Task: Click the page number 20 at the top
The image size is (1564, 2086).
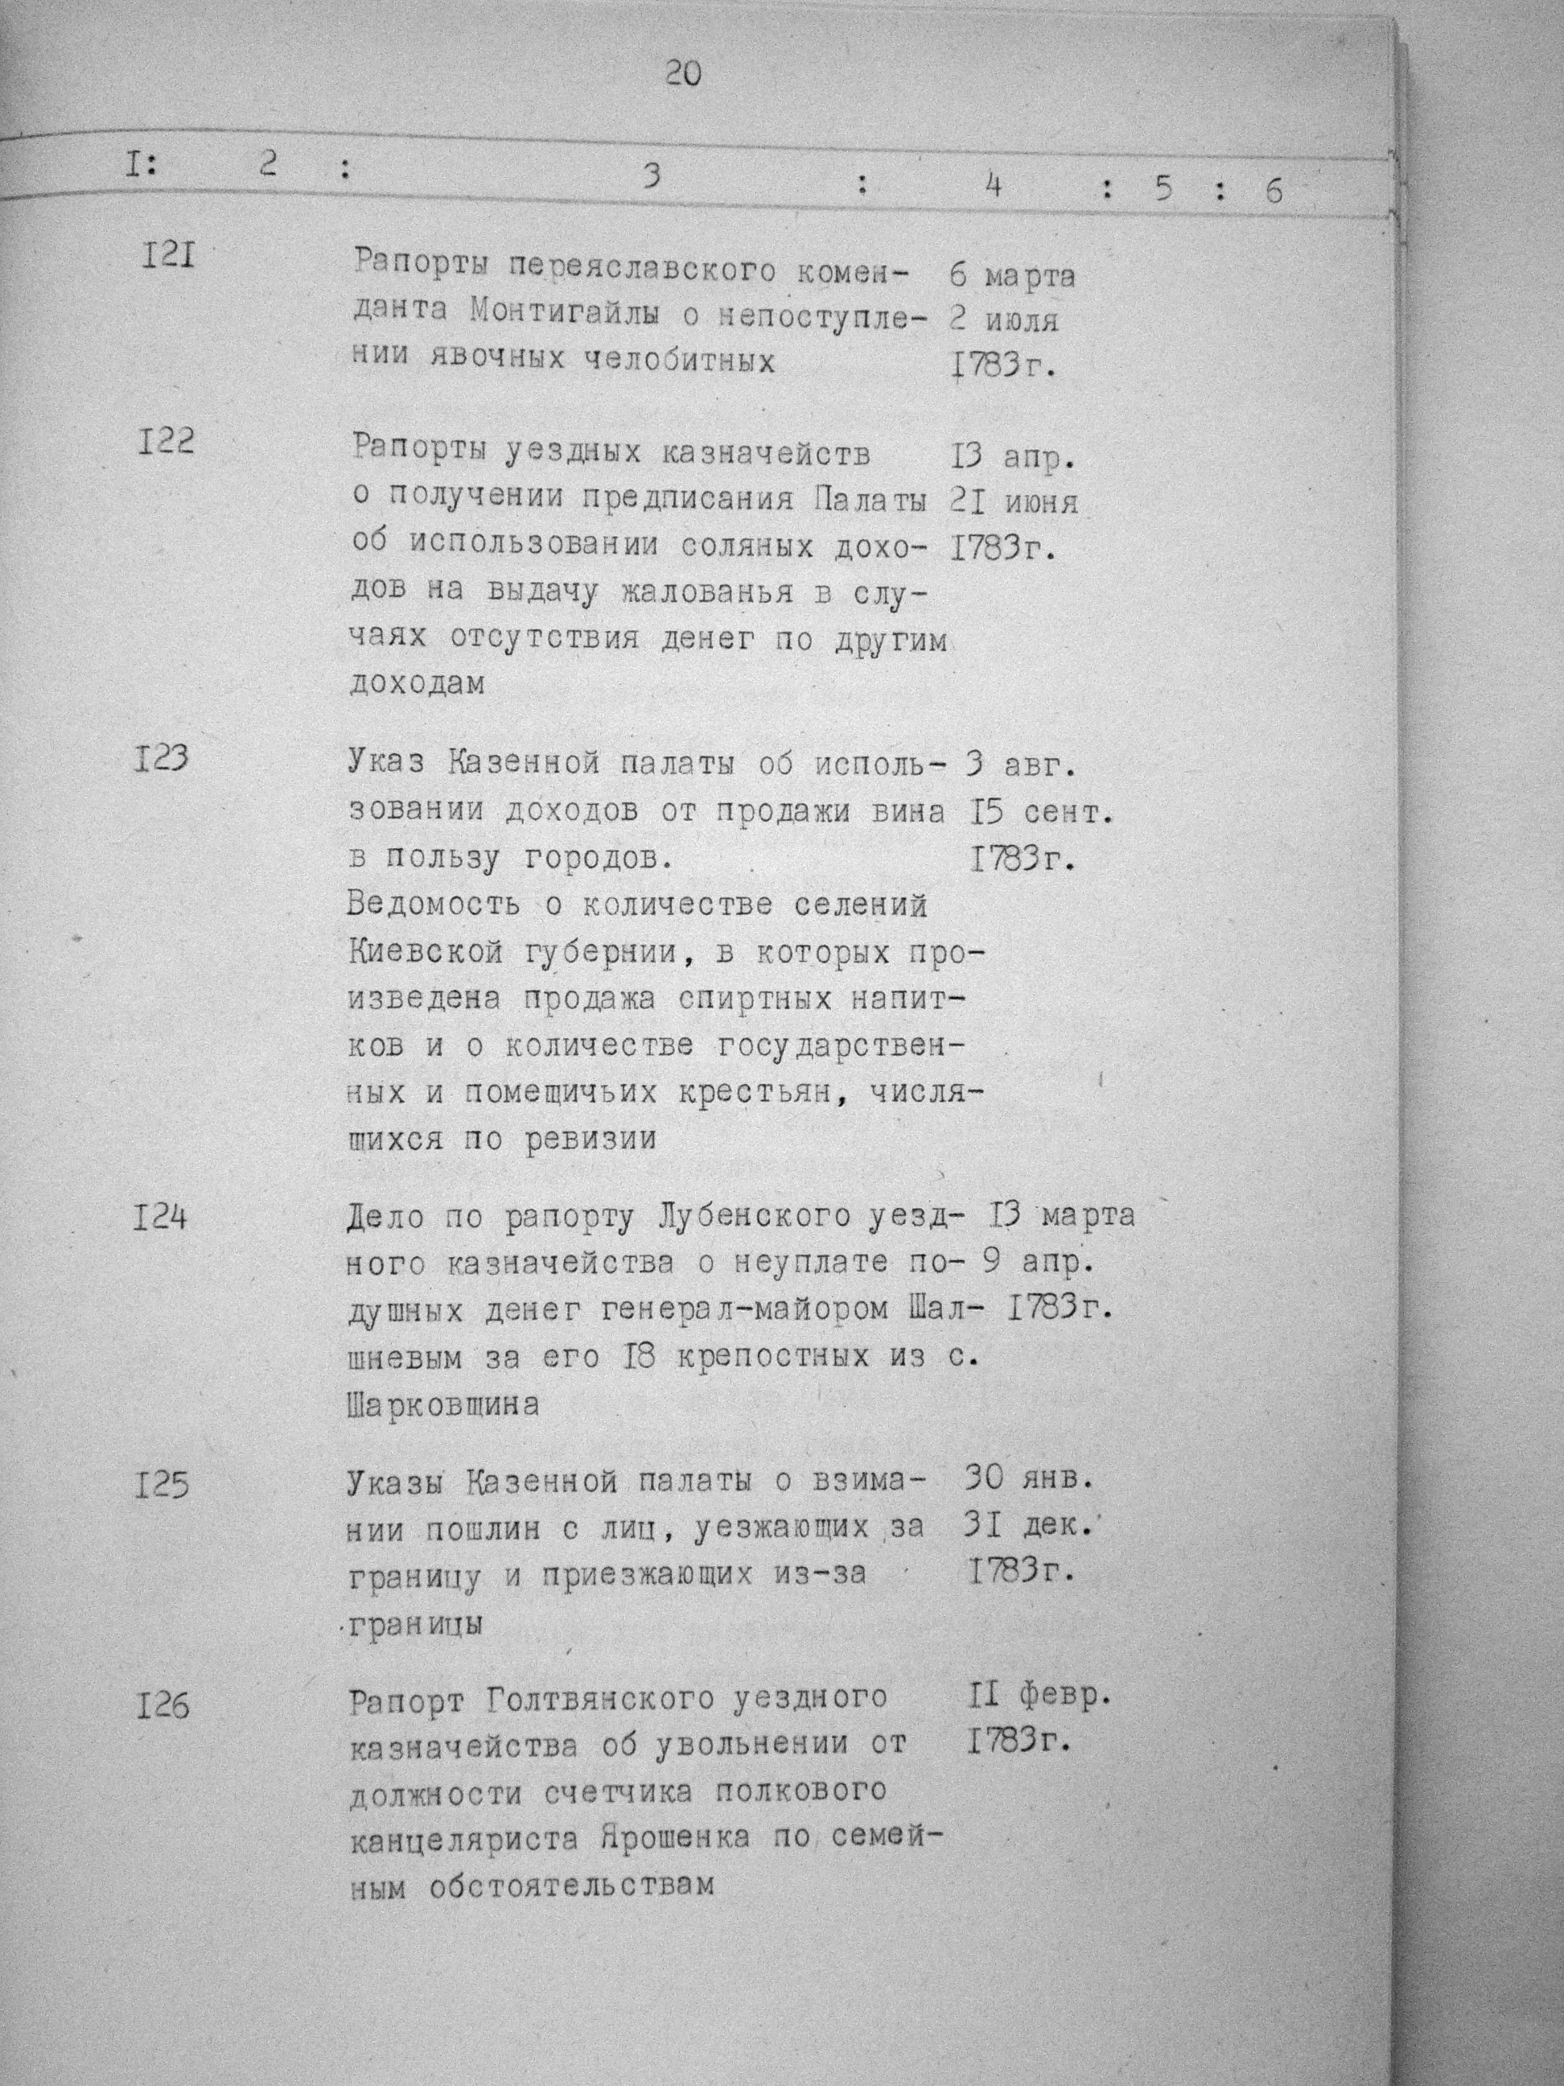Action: (684, 73)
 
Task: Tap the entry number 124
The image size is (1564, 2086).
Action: (160, 1218)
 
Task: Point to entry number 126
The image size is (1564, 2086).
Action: (163, 1706)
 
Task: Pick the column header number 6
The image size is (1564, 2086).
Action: (1274, 192)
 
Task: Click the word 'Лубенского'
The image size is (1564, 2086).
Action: (753, 1217)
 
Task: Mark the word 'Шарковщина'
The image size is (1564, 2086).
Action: (443, 1405)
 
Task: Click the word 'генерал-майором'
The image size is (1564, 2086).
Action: (724, 1310)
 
